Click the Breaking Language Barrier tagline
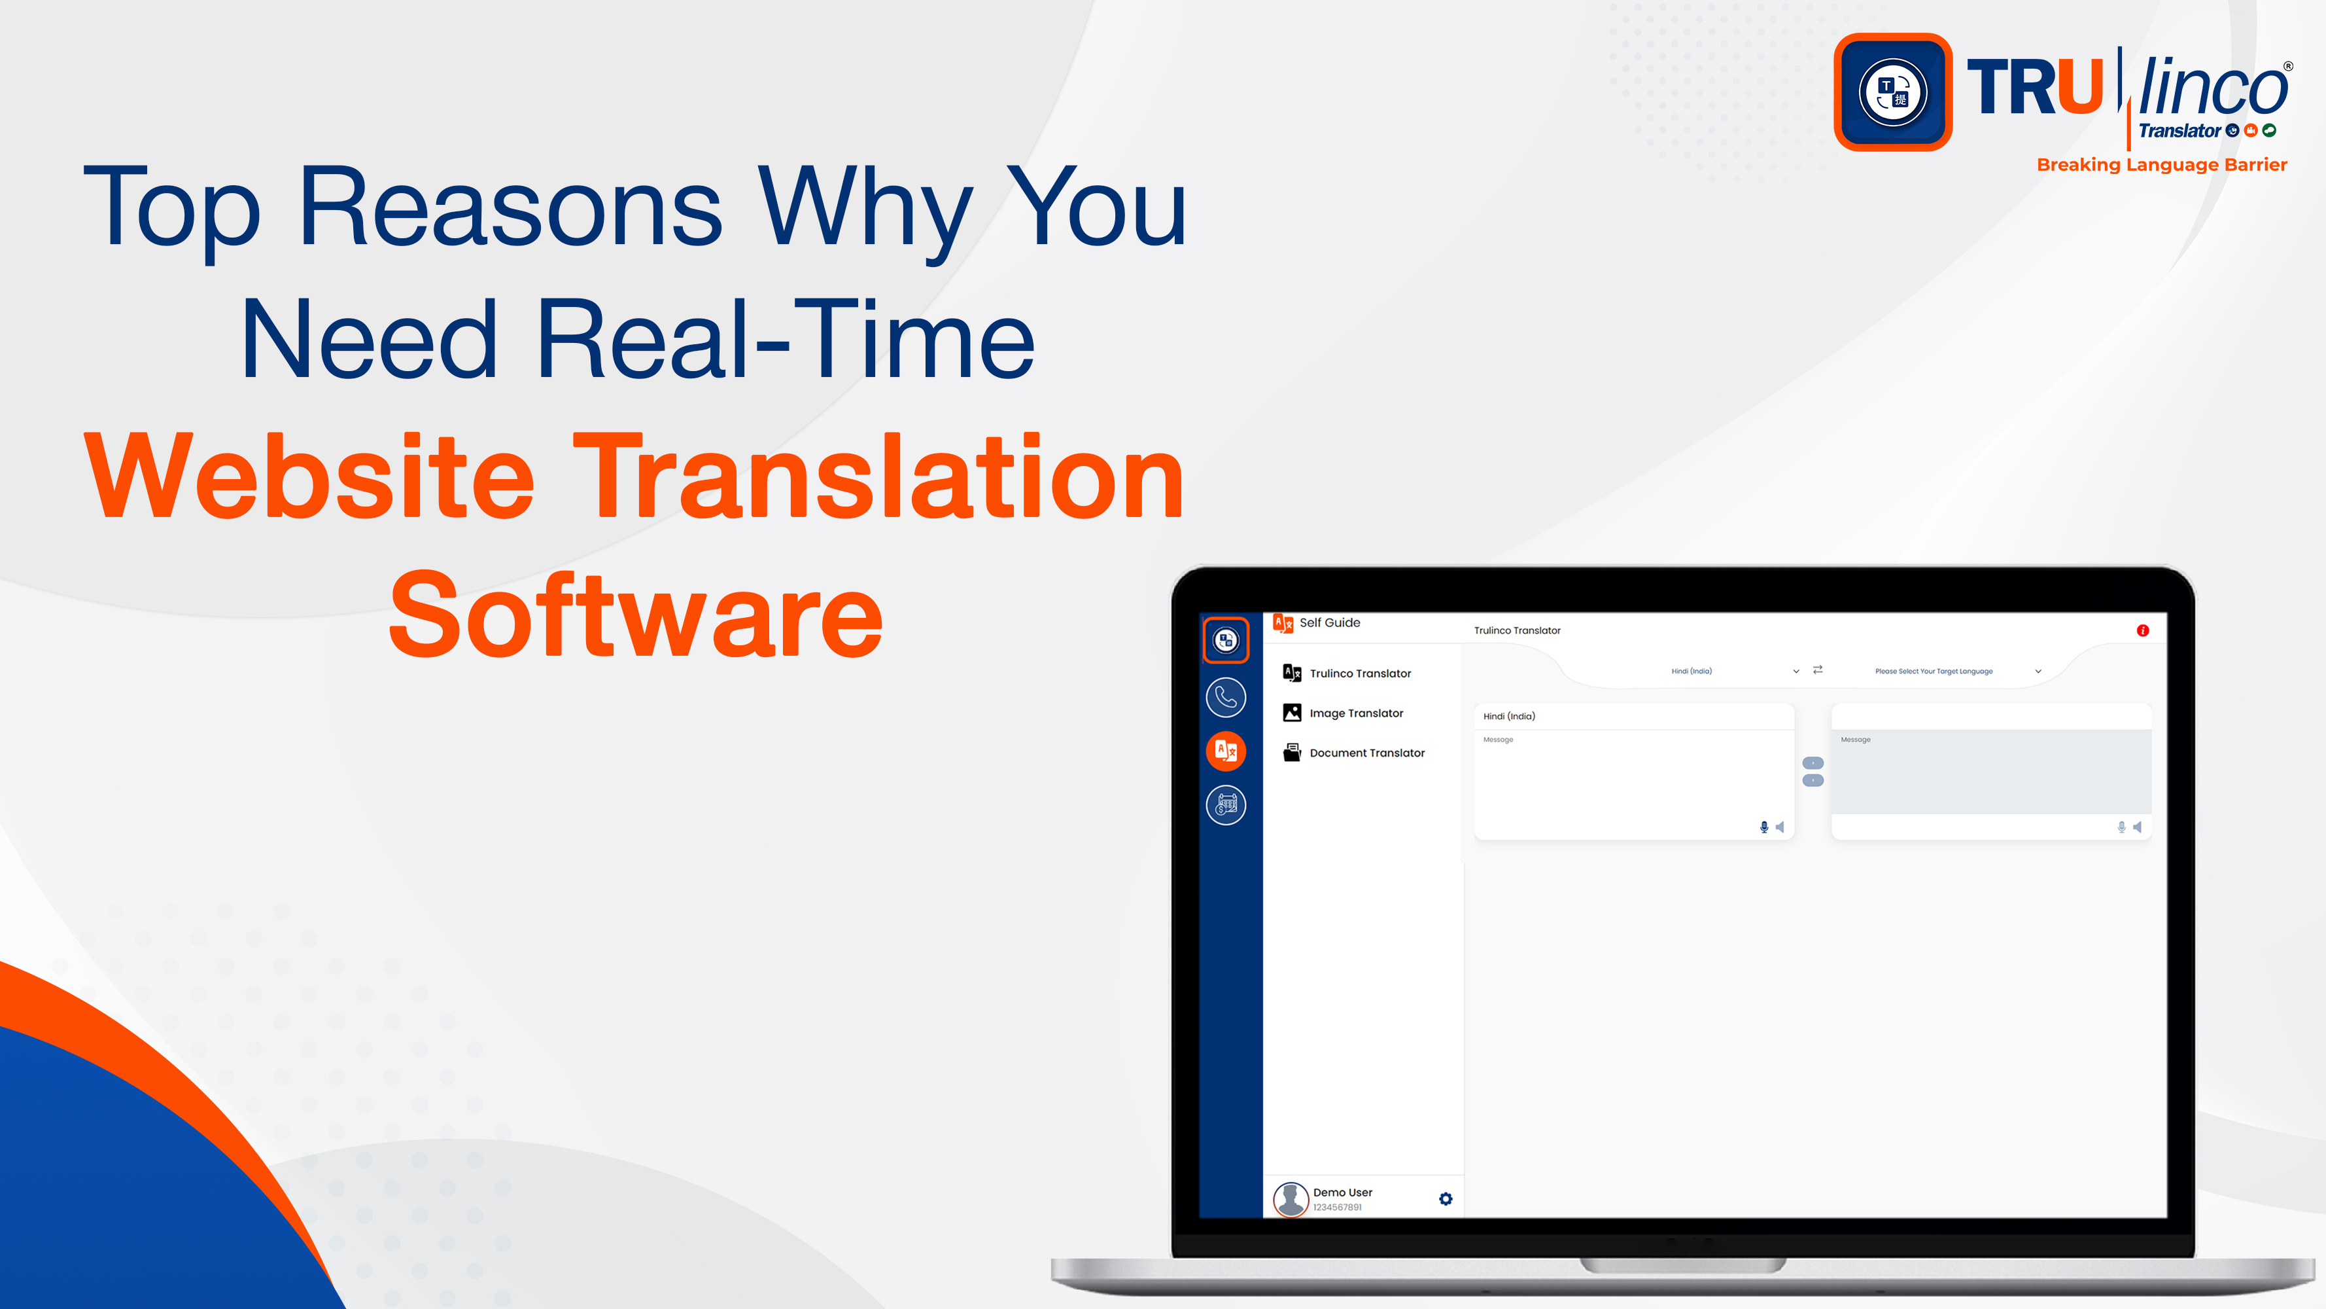2162,164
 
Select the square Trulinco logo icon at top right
1892,92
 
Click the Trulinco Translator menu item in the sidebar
1360,673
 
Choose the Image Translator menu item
1356,713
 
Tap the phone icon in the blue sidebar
1225,696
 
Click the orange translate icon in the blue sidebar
1225,751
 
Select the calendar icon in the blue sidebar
1225,804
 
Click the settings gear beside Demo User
1446,1199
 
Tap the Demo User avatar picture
1291,1199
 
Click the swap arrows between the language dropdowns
1818,670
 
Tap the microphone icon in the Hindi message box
1763,827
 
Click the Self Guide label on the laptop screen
1329,622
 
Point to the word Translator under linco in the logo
2179,131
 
